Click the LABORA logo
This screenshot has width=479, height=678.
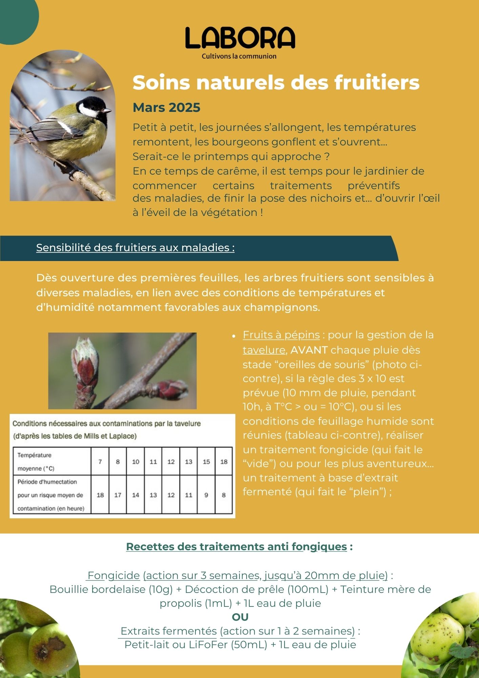pos(240,38)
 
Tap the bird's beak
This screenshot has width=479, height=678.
pos(107,111)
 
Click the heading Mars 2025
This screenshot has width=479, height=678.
pos(166,107)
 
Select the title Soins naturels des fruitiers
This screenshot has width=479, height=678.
pos(276,82)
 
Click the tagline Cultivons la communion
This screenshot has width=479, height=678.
pos(239,56)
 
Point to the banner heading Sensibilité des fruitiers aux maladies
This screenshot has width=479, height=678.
pos(135,248)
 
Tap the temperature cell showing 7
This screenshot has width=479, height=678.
pos(100,461)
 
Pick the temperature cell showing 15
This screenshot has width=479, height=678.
pos(206,461)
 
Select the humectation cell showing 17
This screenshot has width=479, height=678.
pos(118,495)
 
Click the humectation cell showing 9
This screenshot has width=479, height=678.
pos(206,495)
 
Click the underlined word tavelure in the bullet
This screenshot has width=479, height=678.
pos(264,350)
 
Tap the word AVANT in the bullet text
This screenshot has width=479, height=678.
pos(309,350)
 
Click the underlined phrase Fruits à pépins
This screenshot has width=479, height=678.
pos(281,335)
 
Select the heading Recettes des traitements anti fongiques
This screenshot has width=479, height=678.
pos(236,546)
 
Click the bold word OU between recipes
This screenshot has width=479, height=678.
pos(240,617)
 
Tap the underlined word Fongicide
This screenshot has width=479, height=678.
pos(114,575)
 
